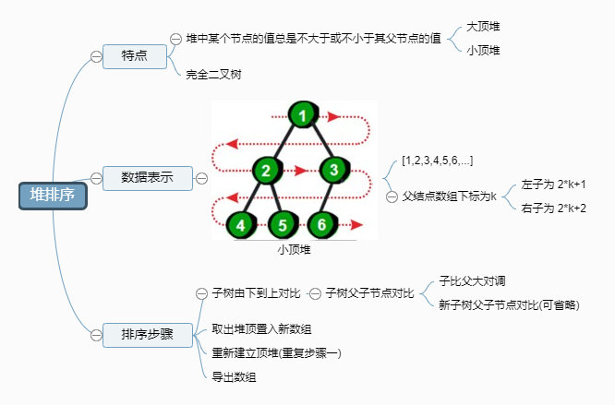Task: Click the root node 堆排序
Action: click(x=53, y=195)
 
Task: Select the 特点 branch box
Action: click(x=134, y=56)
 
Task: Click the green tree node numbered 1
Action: click(x=301, y=116)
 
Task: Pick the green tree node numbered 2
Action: click(x=265, y=170)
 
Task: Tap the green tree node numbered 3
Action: click(x=334, y=170)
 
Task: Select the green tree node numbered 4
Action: click(x=241, y=224)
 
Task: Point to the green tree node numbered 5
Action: click(x=283, y=224)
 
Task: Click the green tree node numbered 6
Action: click(x=320, y=224)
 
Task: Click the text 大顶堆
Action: click(x=484, y=29)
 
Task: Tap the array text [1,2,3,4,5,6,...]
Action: click(x=438, y=161)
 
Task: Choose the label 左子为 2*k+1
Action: click(x=553, y=185)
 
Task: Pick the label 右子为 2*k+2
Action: click(x=553, y=208)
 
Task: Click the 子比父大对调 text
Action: click(x=471, y=280)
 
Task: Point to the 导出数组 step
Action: click(x=234, y=375)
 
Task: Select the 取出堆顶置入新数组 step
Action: click(x=261, y=328)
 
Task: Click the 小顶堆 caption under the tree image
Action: click(x=295, y=249)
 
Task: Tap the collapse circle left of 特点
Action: click(x=96, y=56)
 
